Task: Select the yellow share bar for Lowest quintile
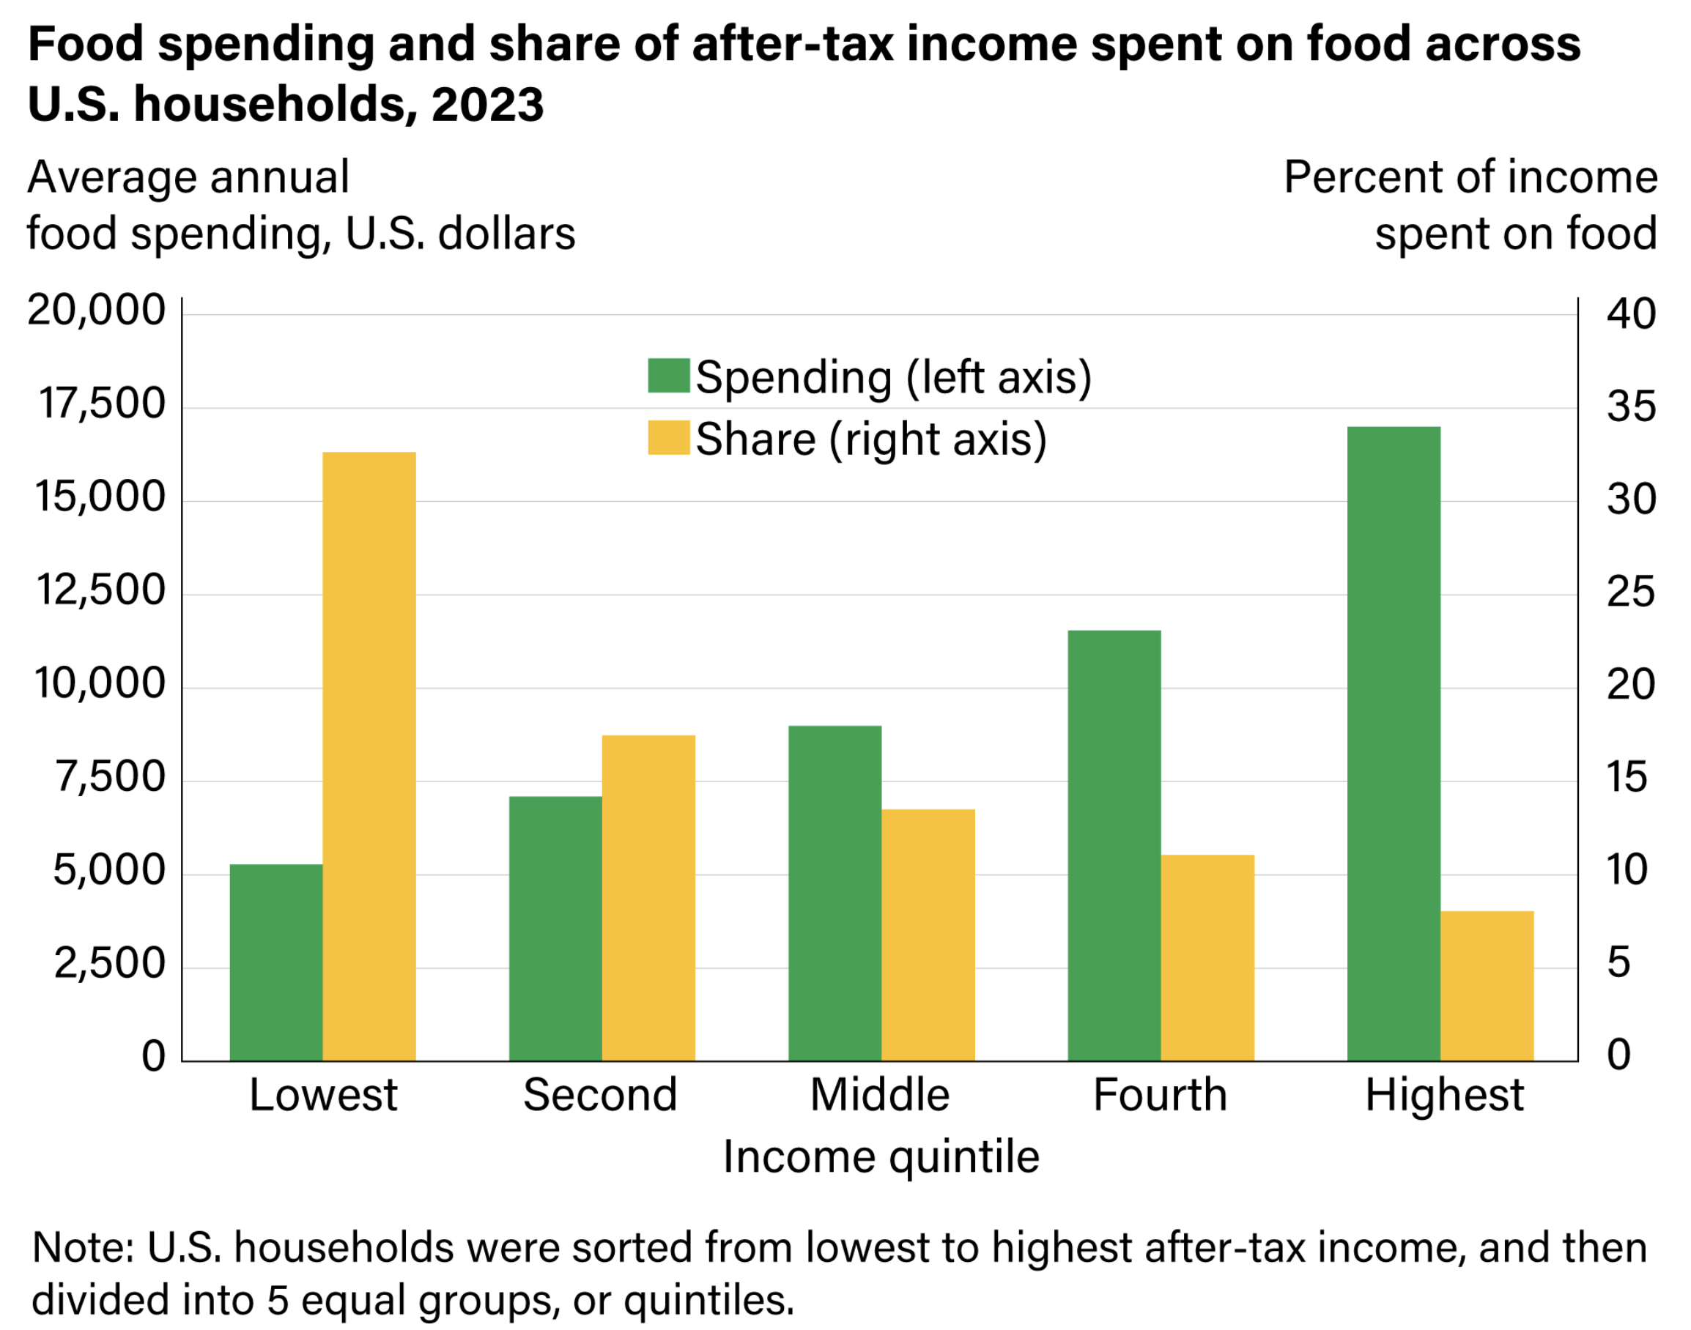click(369, 756)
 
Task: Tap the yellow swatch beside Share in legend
click(668, 438)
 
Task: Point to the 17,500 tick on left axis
click(102, 404)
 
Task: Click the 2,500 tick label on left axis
click(110, 964)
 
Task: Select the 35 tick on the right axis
click(1631, 406)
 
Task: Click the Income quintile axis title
click(881, 1156)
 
